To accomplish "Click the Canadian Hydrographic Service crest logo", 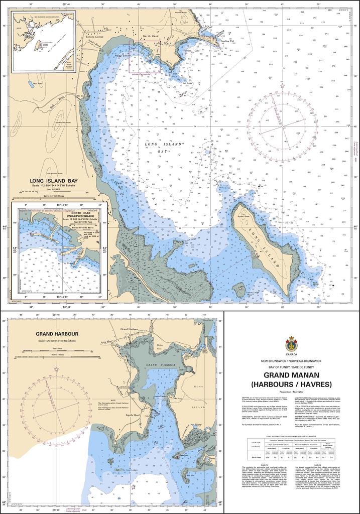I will click(291, 344).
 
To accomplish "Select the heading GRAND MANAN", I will click(291, 375).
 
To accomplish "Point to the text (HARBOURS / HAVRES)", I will click(291, 384).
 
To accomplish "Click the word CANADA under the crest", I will click(291, 355).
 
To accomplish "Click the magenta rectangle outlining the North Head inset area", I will click(145, 57).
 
